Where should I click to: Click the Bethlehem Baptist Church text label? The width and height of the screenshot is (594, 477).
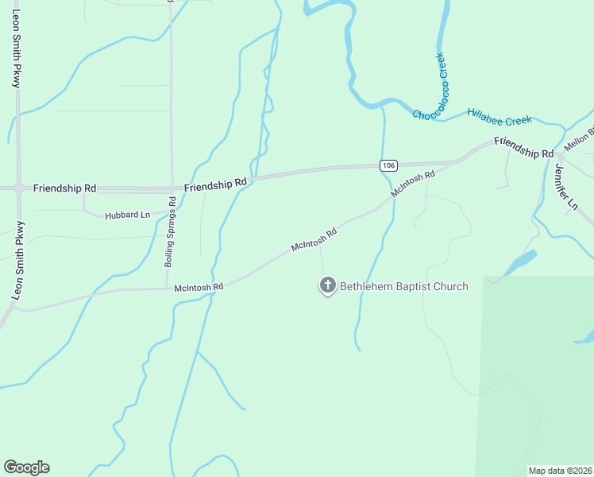click(x=404, y=286)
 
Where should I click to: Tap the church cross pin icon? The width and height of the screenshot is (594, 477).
click(x=326, y=285)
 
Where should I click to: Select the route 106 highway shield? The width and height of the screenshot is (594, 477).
click(x=388, y=165)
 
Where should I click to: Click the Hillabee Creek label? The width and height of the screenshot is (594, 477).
click(x=499, y=116)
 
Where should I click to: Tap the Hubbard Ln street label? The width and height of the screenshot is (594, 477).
click(x=128, y=215)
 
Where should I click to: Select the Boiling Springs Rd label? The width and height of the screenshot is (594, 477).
click(x=172, y=231)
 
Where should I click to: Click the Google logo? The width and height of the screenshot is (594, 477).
click(x=26, y=467)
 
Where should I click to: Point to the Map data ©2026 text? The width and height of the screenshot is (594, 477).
click(x=561, y=471)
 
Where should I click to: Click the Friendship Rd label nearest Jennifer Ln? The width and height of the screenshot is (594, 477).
click(x=523, y=147)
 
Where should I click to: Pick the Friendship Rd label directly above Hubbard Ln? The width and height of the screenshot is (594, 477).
click(x=65, y=188)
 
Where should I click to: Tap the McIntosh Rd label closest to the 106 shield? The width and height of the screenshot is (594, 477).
click(x=413, y=184)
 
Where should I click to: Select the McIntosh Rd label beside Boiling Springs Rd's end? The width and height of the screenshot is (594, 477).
click(x=199, y=286)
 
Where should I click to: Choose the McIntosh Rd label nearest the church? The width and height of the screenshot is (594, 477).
click(x=314, y=240)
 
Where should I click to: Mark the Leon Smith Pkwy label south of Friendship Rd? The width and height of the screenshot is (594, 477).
click(x=17, y=260)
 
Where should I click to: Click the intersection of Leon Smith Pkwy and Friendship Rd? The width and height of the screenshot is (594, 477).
click(x=17, y=188)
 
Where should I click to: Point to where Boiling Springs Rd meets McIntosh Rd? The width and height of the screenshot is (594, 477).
click(x=166, y=288)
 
